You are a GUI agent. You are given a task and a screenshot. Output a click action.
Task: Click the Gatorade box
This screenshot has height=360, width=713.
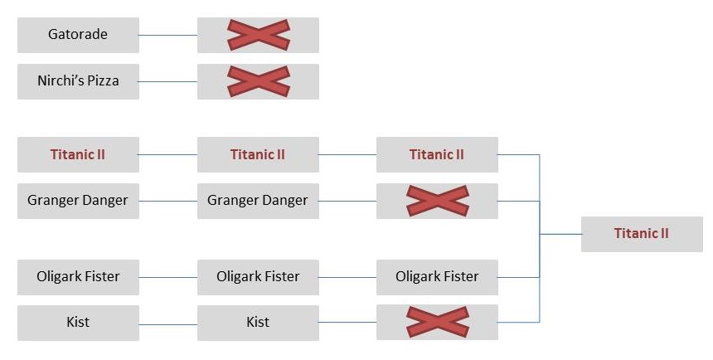pos(78,35)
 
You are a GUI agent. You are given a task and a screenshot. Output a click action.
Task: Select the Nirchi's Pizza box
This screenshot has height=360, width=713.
pos(78,81)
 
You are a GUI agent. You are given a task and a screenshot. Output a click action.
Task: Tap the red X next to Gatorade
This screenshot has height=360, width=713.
pos(258,35)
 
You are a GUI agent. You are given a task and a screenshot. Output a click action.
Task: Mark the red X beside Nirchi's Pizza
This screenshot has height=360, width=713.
pos(258,81)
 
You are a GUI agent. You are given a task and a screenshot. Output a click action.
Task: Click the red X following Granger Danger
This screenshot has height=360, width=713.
pos(437,201)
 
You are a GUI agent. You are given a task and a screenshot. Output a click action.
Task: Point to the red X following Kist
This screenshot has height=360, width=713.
pos(437,322)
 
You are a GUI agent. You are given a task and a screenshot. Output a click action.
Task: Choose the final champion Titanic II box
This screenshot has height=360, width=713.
pos(641,234)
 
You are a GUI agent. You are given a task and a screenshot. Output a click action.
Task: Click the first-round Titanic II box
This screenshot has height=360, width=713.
pos(78,154)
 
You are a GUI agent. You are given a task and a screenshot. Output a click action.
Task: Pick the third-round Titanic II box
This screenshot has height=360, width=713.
pos(437,154)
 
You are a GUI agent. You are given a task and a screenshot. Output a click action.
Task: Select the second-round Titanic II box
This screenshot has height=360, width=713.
pos(258,154)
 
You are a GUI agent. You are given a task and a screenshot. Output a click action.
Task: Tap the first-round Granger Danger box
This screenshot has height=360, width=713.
pos(78,201)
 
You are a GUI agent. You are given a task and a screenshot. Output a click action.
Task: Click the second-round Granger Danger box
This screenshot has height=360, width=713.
pos(258,201)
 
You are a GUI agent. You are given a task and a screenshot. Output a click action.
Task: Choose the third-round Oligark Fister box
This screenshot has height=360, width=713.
pos(437,277)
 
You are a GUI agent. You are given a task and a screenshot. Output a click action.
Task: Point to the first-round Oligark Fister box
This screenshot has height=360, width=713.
pos(78,277)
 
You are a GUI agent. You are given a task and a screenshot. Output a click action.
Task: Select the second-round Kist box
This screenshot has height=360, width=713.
pos(258,322)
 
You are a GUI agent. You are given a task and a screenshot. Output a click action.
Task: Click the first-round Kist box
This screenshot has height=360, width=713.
pos(78,322)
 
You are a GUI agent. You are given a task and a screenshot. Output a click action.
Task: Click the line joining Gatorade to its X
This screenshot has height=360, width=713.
pos(168,35)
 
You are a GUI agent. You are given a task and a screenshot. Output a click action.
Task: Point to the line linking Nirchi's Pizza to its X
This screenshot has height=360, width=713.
pos(168,81)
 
